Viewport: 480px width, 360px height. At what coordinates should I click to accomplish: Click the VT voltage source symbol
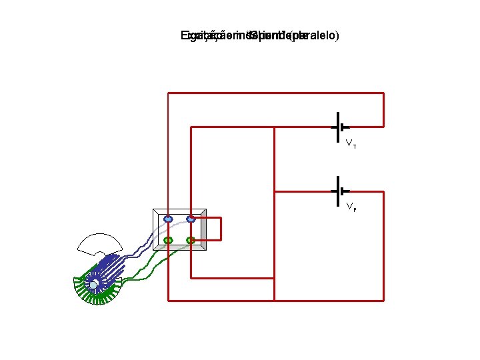coord(339,127)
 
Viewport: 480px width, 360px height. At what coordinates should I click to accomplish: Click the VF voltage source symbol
coord(339,191)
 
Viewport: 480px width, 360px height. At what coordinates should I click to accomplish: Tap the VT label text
coord(351,143)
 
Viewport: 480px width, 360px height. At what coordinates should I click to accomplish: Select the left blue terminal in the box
coord(168,219)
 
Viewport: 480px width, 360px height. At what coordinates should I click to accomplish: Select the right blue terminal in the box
coord(191,219)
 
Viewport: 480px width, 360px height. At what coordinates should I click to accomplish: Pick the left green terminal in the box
coord(168,240)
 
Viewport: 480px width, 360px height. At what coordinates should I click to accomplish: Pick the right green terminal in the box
coord(191,240)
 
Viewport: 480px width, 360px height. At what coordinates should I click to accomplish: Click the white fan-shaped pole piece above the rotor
coord(99,243)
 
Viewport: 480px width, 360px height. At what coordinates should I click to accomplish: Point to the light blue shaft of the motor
coord(95,285)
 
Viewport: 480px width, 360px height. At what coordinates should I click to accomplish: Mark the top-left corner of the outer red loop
coord(168,93)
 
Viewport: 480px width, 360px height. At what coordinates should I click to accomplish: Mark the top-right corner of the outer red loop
coord(383,93)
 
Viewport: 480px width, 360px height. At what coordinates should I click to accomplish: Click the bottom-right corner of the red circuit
coord(383,300)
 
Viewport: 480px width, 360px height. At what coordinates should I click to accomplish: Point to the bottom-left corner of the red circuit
coord(168,300)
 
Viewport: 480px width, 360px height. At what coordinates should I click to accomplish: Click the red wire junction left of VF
coord(275,191)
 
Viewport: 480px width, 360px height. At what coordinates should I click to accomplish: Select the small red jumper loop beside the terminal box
coord(219,229)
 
